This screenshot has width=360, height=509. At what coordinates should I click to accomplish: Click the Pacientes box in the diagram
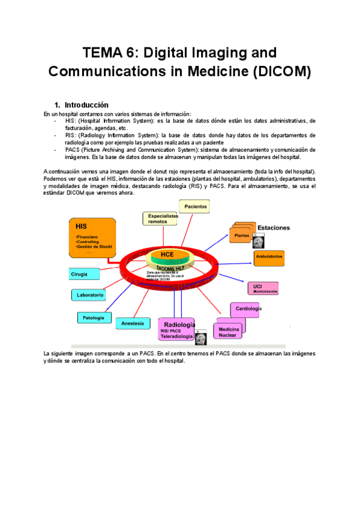(196, 206)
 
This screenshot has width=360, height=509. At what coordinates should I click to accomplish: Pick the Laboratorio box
(89, 295)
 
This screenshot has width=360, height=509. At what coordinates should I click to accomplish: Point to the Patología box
(94, 317)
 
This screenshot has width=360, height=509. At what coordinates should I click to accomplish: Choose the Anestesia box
(133, 324)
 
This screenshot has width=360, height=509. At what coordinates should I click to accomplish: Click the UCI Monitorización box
(262, 288)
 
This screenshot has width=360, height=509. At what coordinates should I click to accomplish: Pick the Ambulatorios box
(269, 257)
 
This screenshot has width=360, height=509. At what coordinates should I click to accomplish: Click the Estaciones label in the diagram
(274, 228)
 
